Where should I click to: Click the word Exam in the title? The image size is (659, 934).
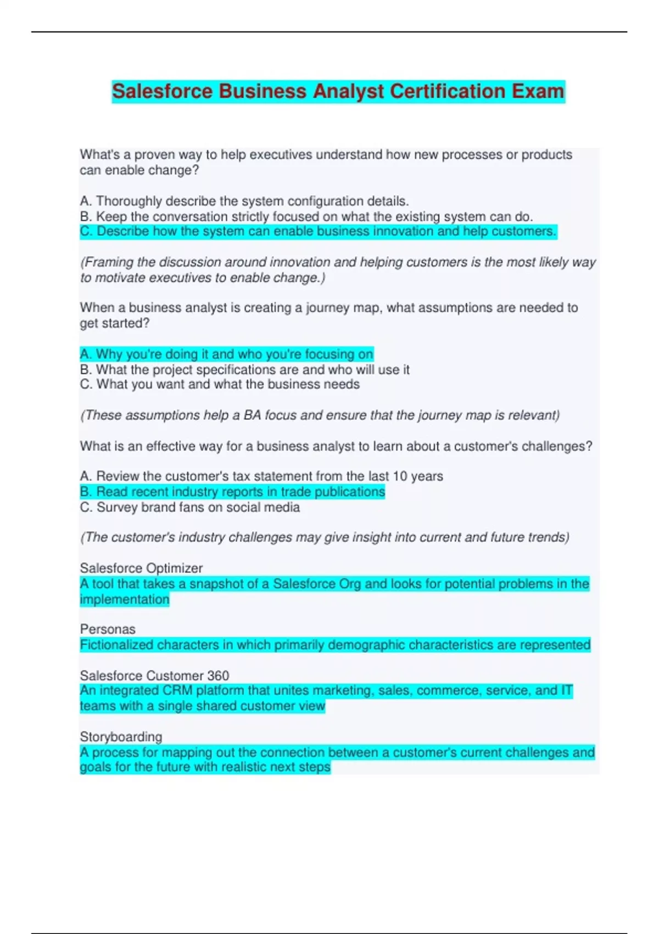[538, 91]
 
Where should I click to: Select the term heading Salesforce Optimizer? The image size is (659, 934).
[141, 568]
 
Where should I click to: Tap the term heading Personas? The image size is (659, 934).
[108, 629]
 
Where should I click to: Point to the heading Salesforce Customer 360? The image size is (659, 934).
[154, 675]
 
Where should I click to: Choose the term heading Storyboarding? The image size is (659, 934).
[121, 736]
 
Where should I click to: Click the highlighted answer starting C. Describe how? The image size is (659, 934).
[318, 231]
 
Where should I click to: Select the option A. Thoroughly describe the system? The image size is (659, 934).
[244, 201]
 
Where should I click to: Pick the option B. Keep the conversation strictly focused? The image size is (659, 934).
[306, 216]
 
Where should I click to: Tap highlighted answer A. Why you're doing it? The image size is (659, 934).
[226, 354]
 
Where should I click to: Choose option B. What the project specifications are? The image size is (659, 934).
[244, 369]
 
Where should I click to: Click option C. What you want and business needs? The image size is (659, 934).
[220, 384]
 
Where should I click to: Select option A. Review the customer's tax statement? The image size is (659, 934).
[261, 476]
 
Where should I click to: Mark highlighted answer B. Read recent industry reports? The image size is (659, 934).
[232, 491]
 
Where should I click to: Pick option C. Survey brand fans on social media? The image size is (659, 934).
[189, 507]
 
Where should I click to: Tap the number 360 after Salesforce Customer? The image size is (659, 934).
[218, 675]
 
